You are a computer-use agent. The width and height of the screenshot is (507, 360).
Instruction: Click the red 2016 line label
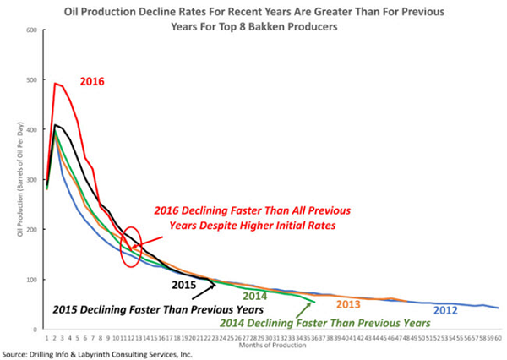(92, 81)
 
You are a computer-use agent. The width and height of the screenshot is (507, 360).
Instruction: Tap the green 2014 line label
(254, 296)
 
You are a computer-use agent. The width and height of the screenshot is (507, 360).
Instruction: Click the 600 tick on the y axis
(33, 30)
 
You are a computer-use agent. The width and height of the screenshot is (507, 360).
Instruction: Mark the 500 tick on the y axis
(33, 80)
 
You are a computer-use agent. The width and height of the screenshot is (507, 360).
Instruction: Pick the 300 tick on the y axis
(33, 180)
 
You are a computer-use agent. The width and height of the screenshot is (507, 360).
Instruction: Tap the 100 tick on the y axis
(33, 280)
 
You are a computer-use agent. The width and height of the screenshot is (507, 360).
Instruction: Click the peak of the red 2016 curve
(56, 83)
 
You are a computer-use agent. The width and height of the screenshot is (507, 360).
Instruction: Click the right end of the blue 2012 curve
(497, 308)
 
